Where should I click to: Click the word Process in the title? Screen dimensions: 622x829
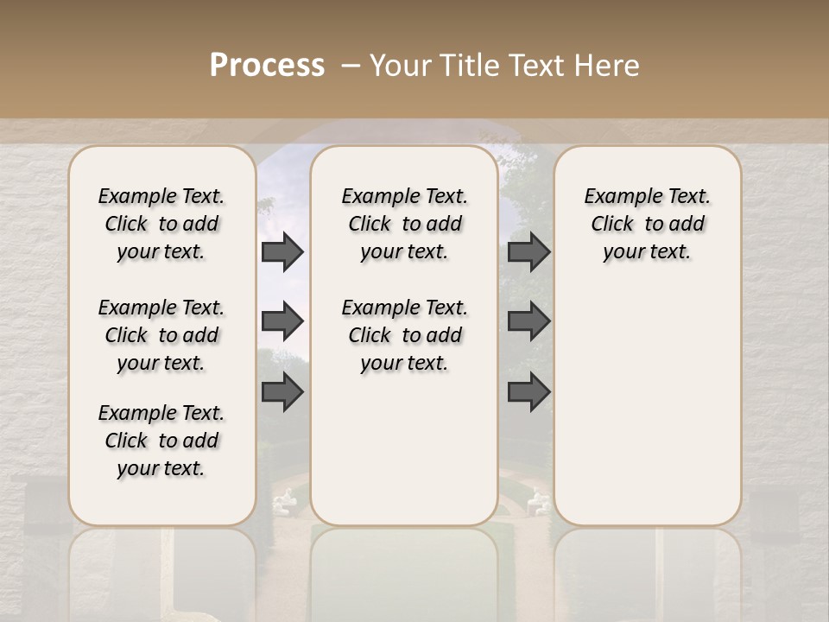pyautogui.click(x=267, y=65)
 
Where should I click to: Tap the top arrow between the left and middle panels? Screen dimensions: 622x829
pyautogui.click(x=282, y=252)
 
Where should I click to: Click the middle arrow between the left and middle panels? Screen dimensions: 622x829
pyautogui.click(x=282, y=321)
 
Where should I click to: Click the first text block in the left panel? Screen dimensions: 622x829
pyautogui.click(x=161, y=224)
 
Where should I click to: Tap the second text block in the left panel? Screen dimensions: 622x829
pyautogui.click(x=161, y=335)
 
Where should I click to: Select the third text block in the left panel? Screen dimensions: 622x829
pyautogui.click(x=161, y=441)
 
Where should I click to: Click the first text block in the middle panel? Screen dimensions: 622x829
pyautogui.click(x=404, y=224)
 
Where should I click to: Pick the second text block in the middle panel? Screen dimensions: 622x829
pyautogui.click(x=404, y=335)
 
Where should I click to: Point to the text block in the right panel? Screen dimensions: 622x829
pyautogui.click(x=647, y=224)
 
